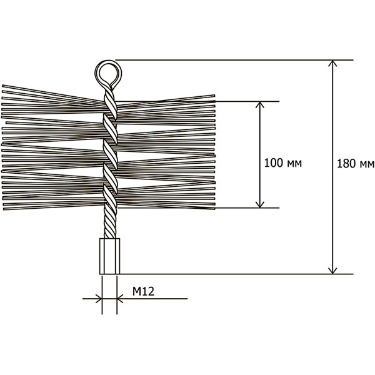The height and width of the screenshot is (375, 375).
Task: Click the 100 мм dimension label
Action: click(x=283, y=163)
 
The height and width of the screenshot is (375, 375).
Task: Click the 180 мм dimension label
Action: click(x=356, y=164)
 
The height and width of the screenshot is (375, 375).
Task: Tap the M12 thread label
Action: click(x=144, y=291)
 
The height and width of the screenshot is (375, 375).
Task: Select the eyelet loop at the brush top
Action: click(x=108, y=72)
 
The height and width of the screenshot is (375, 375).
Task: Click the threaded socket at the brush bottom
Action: click(x=109, y=256)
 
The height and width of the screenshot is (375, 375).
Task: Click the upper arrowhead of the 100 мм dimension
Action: click(x=260, y=105)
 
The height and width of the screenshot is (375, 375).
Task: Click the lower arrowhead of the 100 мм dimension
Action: click(x=260, y=204)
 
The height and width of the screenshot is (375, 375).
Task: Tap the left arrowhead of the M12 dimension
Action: click(x=99, y=299)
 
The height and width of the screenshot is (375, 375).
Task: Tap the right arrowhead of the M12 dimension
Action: click(x=120, y=299)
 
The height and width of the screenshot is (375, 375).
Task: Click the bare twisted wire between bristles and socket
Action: click(x=110, y=224)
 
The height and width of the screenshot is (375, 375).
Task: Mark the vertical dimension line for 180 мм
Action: click(x=332, y=167)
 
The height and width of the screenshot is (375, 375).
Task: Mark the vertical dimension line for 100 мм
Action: click(x=260, y=155)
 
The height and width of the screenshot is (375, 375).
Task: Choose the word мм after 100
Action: click(x=294, y=164)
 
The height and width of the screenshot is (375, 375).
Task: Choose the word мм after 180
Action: click(x=367, y=165)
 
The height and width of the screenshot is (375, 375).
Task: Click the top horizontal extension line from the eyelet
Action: click(x=234, y=60)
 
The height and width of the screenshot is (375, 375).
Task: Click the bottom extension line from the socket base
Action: click(x=236, y=274)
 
